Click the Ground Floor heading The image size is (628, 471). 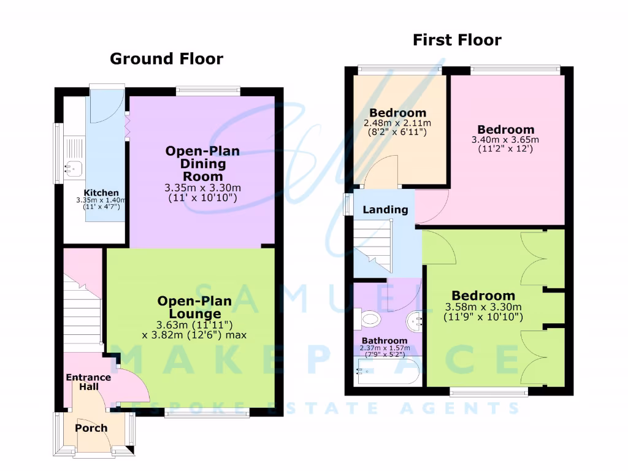166,59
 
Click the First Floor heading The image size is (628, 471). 457,40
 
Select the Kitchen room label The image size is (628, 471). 101,193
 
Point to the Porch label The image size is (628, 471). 91,428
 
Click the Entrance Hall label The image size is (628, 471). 88,381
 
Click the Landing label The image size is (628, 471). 385,210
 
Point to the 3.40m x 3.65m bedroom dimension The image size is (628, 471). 506,140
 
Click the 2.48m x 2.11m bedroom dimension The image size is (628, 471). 397,123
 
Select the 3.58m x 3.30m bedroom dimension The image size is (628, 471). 483,307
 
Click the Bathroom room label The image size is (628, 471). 384,341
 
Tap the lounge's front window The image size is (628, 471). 207,413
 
